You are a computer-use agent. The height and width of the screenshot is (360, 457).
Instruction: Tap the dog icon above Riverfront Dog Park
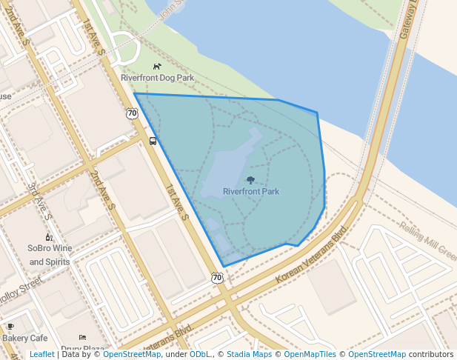157,67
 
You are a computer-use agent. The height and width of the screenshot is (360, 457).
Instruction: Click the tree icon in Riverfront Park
250,180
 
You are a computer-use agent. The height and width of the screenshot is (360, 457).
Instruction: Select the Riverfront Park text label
251,192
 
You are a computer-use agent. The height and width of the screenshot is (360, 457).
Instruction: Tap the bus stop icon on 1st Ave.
153,141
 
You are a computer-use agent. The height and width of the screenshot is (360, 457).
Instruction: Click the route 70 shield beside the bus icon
132,113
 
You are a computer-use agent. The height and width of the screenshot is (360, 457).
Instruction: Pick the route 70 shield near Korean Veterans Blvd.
216,278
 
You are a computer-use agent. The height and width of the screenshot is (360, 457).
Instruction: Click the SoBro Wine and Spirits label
50,255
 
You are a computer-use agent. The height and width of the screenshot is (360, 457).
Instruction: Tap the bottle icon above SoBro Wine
49,237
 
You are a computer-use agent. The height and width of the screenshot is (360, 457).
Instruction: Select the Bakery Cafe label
24,338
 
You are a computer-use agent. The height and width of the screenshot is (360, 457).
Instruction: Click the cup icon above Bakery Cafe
10,326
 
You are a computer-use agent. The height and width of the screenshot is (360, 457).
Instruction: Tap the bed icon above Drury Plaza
82,338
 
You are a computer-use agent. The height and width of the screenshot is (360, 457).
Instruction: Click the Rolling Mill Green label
428,239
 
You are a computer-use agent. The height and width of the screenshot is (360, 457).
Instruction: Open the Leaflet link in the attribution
41,354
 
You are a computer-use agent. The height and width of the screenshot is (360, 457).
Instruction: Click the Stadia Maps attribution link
249,354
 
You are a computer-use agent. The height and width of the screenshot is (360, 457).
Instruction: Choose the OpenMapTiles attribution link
310,354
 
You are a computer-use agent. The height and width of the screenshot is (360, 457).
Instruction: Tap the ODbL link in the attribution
200,354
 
